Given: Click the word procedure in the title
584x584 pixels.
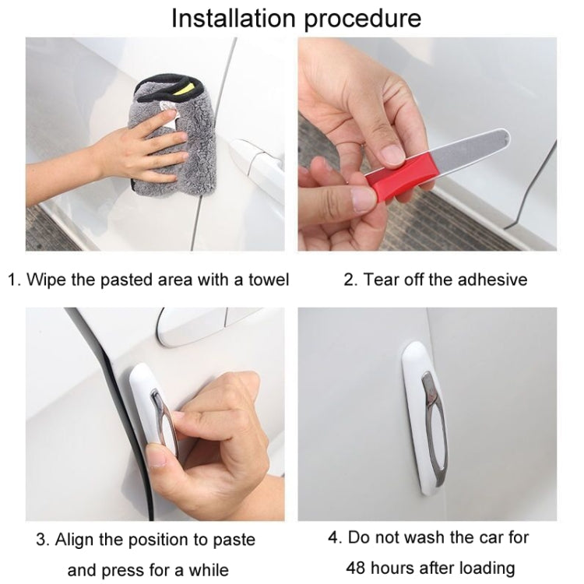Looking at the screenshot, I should tap(363, 19).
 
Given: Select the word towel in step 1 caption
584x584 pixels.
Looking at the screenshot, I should tap(266, 280).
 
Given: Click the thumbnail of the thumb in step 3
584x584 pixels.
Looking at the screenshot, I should tap(158, 456).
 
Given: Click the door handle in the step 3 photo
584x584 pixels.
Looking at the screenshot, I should tap(191, 325).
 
